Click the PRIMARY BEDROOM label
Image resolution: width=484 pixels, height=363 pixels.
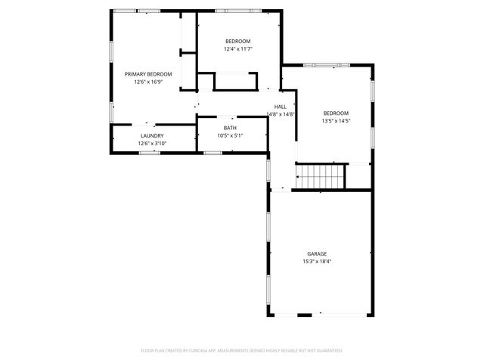tap(148, 74)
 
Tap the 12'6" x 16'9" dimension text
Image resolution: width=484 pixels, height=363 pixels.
tap(148, 82)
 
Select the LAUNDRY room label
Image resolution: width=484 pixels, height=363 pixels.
tap(151, 135)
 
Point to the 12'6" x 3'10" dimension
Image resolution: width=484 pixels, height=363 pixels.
tap(151, 143)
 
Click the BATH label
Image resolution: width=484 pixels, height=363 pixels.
tap(230, 128)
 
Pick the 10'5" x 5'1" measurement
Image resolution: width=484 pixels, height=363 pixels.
tap(230, 135)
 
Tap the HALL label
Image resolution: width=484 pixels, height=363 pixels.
tap(280, 107)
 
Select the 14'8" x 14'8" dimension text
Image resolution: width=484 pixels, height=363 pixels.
tap(280, 114)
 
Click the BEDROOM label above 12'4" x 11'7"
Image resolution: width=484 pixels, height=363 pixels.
tap(237, 41)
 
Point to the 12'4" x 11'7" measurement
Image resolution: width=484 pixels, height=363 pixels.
tap(237, 48)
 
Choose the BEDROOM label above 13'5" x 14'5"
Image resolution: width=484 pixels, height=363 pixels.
tap(336, 113)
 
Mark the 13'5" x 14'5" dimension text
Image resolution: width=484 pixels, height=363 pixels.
tap(336, 120)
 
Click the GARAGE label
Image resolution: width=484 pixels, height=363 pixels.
tap(316, 253)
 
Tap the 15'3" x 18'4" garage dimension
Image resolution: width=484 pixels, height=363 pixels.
tap(316, 262)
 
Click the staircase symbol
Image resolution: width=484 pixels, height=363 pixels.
tap(320, 177)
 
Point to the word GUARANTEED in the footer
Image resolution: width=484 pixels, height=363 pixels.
tap(327, 351)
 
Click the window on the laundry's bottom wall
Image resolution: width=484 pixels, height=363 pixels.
tap(149, 153)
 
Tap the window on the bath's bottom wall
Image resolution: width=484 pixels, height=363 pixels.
tap(213, 153)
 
